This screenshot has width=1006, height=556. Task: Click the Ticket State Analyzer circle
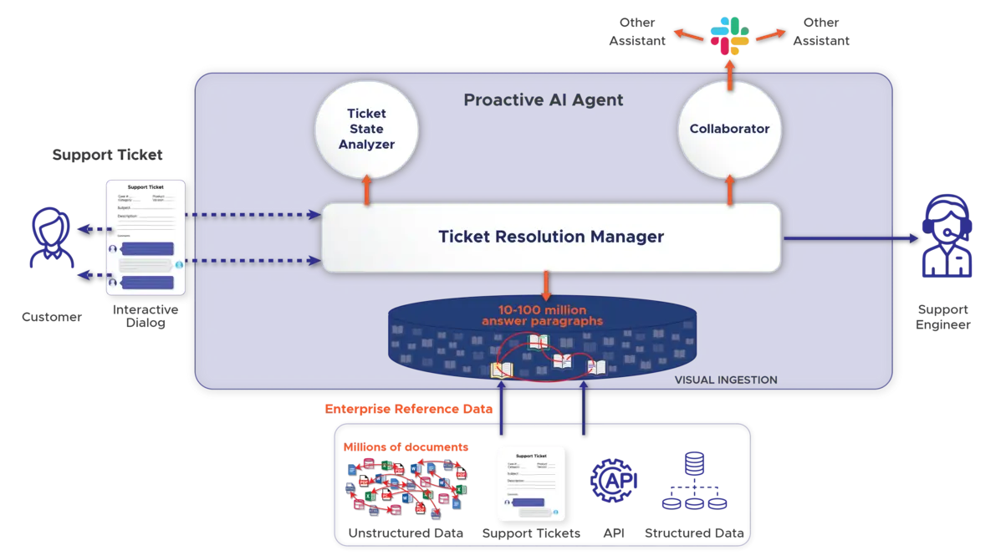click(366, 130)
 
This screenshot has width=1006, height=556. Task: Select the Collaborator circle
click(729, 129)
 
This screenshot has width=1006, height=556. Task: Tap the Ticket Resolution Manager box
click(551, 237)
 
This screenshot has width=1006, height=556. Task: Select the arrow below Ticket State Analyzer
click(366, 190)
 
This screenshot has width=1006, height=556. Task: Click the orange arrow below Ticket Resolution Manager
click(546, 286)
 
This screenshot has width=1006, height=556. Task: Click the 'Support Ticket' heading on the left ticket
click(146, 187)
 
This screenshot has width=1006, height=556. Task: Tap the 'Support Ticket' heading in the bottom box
click(530, 456)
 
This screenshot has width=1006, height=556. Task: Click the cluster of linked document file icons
click(406, 487)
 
